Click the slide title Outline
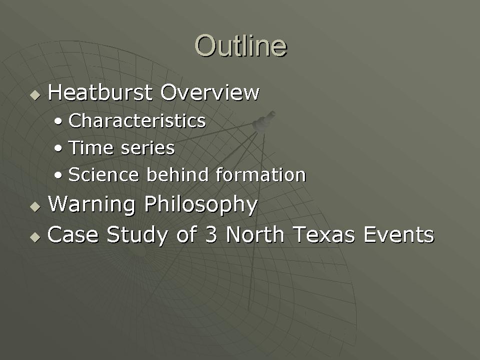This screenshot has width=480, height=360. coord(241,46)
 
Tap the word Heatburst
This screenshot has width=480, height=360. coord(100,92)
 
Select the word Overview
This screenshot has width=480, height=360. coord(210,92)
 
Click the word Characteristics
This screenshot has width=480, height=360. coord(137,121)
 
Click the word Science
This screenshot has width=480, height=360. coord(104,175)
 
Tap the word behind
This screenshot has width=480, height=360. coord(178,175)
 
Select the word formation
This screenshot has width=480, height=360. coord(261,175)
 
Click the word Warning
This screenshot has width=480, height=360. coord(92,204)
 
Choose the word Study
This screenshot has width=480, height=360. coord(138,235)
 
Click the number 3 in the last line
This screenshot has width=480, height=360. coord(211,235)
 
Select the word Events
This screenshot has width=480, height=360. coord(399,235)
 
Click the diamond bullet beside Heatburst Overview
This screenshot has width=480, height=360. coord(36,95)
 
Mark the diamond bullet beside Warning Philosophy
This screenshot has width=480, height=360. coord(36,207)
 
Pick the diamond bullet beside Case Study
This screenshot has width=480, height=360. coord(36,237)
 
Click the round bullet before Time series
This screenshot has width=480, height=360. coord(58,149)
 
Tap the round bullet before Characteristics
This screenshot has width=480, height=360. coord(58,122)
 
